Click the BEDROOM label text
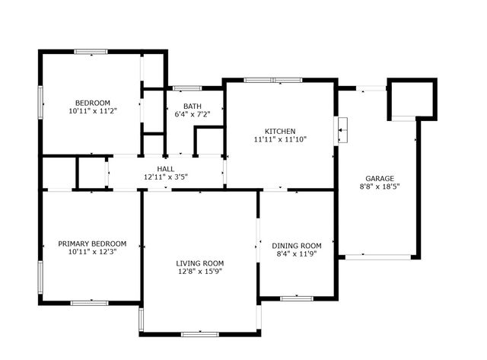(x=92, y=103)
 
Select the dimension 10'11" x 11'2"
(x=92, y=111)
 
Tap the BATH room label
(x=193, y=106)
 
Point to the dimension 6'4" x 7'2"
(x=193, y=115)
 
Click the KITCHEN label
(x=280, y=131)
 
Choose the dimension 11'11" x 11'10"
(x=280, y=139)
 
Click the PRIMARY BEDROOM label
(x=92, y=244)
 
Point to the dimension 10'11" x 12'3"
(x=92, y=252)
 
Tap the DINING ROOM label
(x=297, y=246)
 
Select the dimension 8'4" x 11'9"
(x=297, y=254)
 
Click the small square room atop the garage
(x=412, y=99)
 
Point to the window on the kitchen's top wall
(x=272, y=80)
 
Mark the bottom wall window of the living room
(x=200, y=333)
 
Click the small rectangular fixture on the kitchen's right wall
(x=342, y=130)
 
